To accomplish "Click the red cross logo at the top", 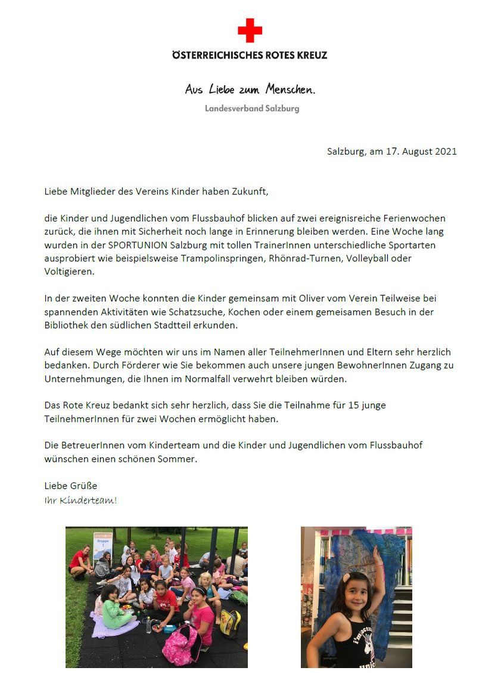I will click(x=250, y=30).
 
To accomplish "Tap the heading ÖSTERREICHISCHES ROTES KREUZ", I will click(x=250, y=55).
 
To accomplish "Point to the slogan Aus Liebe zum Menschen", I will click(x=250, y=89).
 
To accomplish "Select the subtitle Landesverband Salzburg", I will click(x=252, y=109).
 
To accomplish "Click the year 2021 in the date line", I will click(x=445, y=152).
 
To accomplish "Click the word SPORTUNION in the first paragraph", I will click(x=136, y=245).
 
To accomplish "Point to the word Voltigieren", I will click(x=69, y=271).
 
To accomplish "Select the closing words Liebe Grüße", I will click(x=70, y=486).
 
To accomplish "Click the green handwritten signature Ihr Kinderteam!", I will click(x=80, y=500).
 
